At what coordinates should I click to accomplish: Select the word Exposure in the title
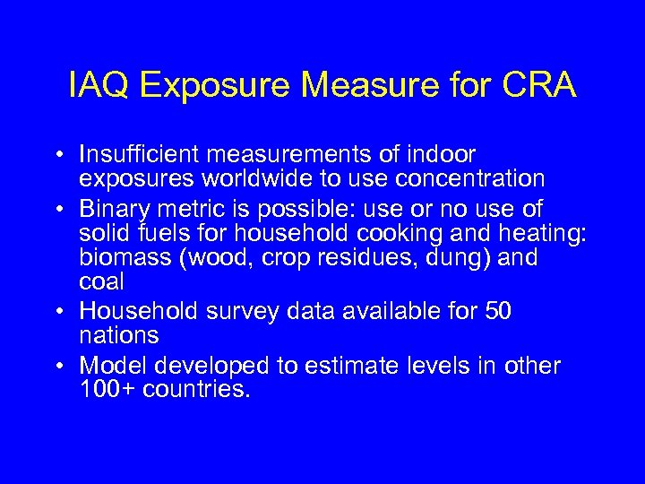click(x=215, y=86)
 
